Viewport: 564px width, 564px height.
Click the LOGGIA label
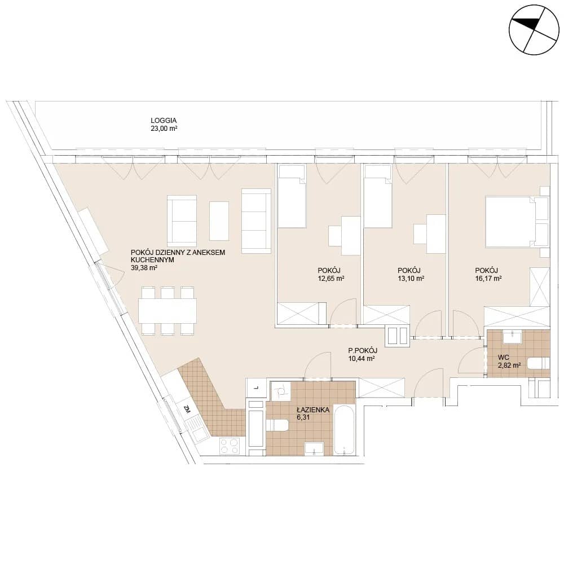click(164, 121)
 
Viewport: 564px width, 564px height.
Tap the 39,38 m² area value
click(144, 267)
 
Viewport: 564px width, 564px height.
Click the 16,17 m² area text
click(488, 279)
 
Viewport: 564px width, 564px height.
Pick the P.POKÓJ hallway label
click(363, 351)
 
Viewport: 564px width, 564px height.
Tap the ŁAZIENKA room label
click(313, 409)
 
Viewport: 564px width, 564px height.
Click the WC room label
click(504, 358)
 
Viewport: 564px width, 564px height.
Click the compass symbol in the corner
click(534, 30)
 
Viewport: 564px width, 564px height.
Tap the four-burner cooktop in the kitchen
click(230, 446)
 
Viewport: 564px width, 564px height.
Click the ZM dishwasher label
click(187, 409)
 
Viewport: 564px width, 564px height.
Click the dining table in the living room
click(168, 311)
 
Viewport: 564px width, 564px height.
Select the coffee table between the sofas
click(219, 221)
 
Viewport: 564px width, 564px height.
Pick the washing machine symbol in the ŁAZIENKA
click(280, 391)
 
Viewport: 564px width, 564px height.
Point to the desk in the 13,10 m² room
click(436, 234)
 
